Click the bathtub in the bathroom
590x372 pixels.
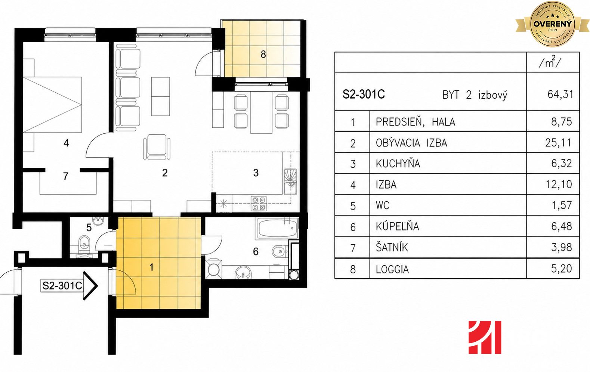(x=277, y=228)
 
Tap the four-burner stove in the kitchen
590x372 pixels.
(x=259, y=204)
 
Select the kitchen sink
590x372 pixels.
(x=290, y=182)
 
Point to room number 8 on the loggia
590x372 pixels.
(x=263, y=55)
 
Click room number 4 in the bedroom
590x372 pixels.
(x=66, y=143)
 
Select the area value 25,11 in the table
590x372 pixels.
(x=558, y=143)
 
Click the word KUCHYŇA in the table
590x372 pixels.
(x=398, y=164)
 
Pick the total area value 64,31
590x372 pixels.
(x=560, y=94)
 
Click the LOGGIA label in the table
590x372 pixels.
(x=392, y=269)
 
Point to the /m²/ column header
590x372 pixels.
(x=550, y=62)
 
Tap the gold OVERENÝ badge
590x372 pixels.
(x=553, y=24)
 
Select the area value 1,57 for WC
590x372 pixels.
(x=562, y=205)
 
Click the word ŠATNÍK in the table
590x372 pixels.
(x=392, y=247)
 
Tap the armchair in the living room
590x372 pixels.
(x=157, y=147)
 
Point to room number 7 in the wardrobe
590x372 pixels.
(x=66, y=176)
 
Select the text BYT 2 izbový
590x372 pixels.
(x=475, y=95)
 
